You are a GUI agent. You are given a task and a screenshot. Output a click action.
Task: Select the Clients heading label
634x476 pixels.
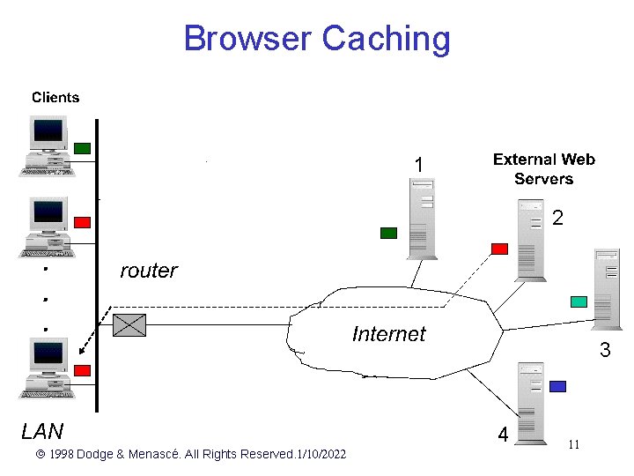pyautogui.click(x=55, y=98)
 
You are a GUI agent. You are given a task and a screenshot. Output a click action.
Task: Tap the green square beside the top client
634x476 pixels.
pyautogui.click(x=82, y=148)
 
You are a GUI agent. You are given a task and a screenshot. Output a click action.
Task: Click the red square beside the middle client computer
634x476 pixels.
pyautogui.click(x=82, y=222)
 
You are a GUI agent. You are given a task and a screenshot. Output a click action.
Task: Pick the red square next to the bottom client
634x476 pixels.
pyautogui.click(x=82, y=370)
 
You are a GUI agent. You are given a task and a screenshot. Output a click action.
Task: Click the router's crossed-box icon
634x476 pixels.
pyautogui.click(x=130, y=325)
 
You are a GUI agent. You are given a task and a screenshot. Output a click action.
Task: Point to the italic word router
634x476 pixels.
pyautogui.click(x=148, y=271)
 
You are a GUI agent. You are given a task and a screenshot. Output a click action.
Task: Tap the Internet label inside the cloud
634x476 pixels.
pyautogui.click(x=388, y=334)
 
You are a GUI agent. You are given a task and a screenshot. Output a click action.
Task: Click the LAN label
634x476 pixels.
pyautogui.click(x=42, y=431)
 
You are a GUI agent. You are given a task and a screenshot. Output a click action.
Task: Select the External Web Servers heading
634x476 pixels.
pyautogui.click(x=543, y=169)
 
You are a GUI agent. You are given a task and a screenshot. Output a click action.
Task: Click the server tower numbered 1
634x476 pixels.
pyautogui.click(x=422, y=219)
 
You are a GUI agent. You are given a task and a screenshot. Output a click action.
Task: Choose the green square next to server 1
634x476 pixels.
pyautogui.click(x=388, y=234)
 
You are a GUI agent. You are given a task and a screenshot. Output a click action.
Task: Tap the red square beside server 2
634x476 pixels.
pyautogui.click(x=499, y=249)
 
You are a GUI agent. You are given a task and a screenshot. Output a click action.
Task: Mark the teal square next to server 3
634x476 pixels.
pyautogui.click(x=579, y=301)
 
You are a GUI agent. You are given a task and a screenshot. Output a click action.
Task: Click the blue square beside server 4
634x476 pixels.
pyautogui.click(x=557, y=386)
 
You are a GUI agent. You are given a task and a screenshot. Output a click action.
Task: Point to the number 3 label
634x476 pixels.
pyautogui.click(x=605, y=351)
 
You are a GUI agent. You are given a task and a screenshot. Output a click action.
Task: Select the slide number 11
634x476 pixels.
pyautogui.click(x=573, y=444)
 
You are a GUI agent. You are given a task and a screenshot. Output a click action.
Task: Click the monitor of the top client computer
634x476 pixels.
pyautogui.click(x=48, y=134)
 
